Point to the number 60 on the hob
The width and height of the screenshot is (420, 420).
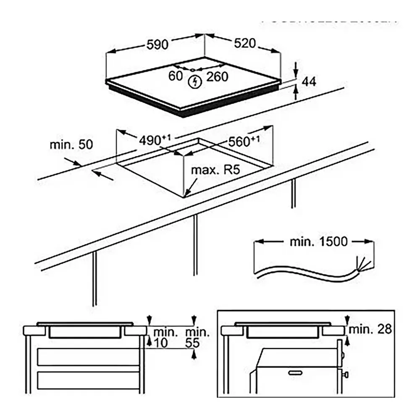(176, 76)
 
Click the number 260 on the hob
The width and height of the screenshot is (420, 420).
(217, 77)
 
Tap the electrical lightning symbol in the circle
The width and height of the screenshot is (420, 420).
(194, 82)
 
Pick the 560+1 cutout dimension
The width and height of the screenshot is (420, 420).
(244, 142)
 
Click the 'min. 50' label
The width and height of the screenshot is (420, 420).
(71, 145)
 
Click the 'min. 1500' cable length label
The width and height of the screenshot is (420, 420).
(319, 242)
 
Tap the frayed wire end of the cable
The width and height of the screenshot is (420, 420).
(362, 263)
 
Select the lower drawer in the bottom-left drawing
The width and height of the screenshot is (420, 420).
(88, 380)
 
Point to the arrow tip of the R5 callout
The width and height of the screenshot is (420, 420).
(186, 195)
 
